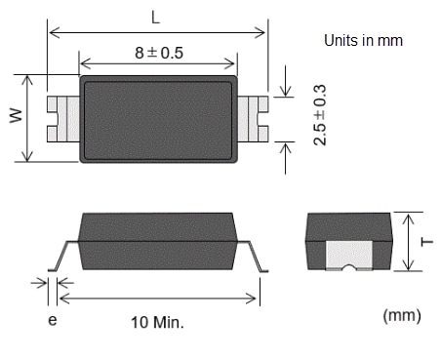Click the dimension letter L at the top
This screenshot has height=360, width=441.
tap(156, 17)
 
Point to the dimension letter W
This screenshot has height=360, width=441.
tap(16, 117)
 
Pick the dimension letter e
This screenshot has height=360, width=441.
tap(52, 319)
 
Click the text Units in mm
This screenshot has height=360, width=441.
tap(363, 41)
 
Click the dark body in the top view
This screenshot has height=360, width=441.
tap(158, 118)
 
